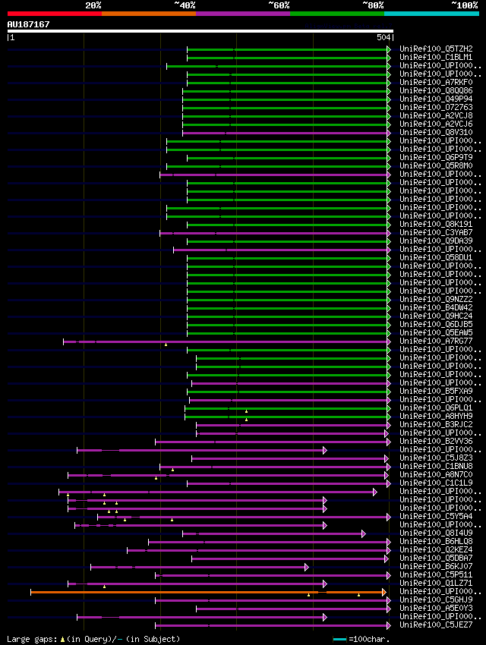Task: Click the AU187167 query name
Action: (x=28, y=24)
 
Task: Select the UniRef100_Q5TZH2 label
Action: (x=436, y=49)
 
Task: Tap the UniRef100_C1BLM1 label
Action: (x=436, y=58)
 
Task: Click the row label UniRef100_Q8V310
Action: (x=436, y=133)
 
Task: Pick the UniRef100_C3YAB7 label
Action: (x=436, y=233)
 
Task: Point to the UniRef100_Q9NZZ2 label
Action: (x=436, y=300)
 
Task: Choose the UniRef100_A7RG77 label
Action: (x=436, y=341)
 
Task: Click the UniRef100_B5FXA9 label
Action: (x=436, y=392)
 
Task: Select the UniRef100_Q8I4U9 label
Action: (x=436, y=533)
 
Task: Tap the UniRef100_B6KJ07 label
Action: (x=436, y=566)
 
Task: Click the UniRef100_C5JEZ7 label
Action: (x=436, y=625)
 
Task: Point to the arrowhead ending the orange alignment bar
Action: (x=384, y=592)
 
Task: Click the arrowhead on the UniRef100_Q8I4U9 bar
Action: (x=364, y=533)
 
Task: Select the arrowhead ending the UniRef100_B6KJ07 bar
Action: (x=307, y=567)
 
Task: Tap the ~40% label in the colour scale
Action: (x=185, y=5)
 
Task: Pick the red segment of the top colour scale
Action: (x=54, y=14)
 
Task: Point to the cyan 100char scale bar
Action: (x=339, y=639)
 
